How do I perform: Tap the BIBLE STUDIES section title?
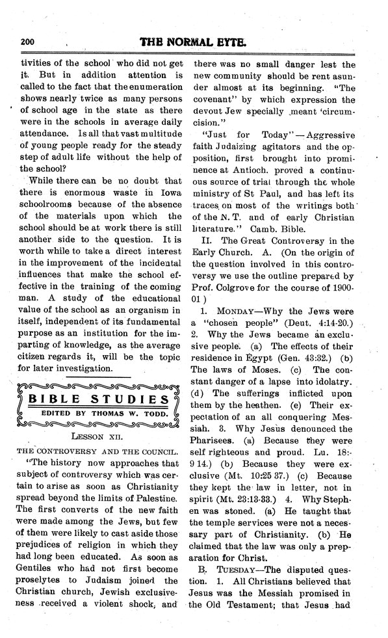[97, 398]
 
